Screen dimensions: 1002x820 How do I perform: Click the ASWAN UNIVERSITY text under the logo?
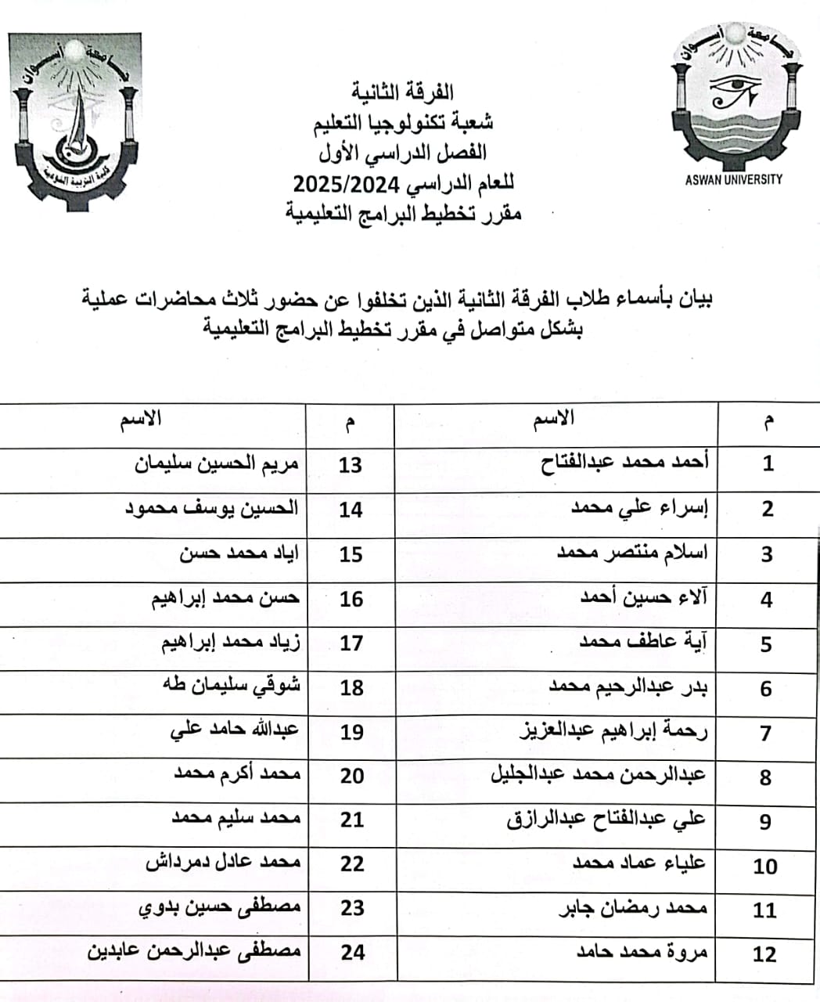pyautogui.click(x=733, y=179)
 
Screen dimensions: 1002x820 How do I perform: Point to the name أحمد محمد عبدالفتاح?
pyautogui.click(x=624, y=463)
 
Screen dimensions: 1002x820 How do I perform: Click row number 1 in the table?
pyautogui.click(x=768, y=463)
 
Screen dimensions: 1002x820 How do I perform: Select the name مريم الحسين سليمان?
pyautogui.click(x=217, y=463)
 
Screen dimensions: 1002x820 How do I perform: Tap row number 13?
pyautogui.click(x=350, y=465)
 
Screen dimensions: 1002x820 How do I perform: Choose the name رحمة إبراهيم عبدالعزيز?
pyautogui.click(x=613, y=732)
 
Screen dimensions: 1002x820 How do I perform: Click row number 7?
pyautogui.click(x=766, y=733)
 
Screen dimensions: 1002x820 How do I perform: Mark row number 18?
pyautogui.click(x=351, y=688)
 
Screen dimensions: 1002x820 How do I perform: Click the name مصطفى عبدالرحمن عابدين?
pyautogui.click(x=192, y=951)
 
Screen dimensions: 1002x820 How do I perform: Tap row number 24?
pyautogui.click(x=352, y=953)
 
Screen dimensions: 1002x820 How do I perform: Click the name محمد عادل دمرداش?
pyautogui.click(x=223, y=863)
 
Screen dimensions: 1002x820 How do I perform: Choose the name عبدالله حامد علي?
pyautogui.click(x=235, y=730)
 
